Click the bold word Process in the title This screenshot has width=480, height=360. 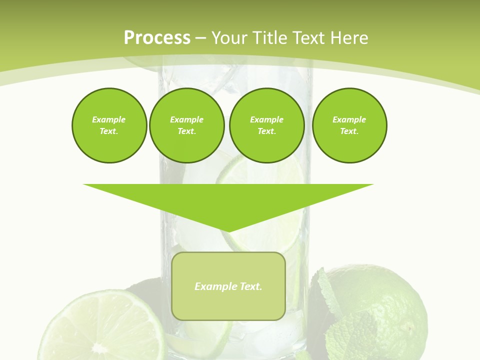[x=157, y=38]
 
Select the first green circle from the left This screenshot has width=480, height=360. [x=109, y=125]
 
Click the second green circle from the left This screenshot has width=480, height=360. [x=186, y=125]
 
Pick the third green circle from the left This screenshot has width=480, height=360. [x=266, y=125]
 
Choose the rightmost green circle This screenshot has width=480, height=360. [x=349, y=125]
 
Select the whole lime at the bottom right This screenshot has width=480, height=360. [x=395, y=305]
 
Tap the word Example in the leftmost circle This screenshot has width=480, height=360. [x=109, y=120]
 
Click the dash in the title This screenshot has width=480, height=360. [x=200, y=38]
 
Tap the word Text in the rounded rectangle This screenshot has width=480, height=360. [x=251, y=286]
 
